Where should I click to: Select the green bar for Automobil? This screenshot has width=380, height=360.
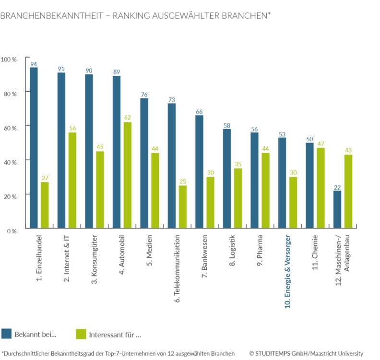pyautogui.click(x=127, y=175)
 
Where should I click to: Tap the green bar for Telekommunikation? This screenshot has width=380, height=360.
pyautogui.click(x=182, y=207)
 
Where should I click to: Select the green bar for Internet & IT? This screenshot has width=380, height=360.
pyautogui.click(x=72, y=180)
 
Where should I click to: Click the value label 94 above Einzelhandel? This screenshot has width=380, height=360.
pyautogui.click(x=34, y=64)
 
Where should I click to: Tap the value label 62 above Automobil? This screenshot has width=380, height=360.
pyautogui.click(x=127, y=118)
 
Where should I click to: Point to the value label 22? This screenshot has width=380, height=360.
pyautogui.click(x=337, y=187)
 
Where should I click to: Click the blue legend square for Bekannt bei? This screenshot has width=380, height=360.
pyautogui.click(x=7, y=334)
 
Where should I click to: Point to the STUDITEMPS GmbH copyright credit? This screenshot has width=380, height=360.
pyautogui.click(x=306, y=353)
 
